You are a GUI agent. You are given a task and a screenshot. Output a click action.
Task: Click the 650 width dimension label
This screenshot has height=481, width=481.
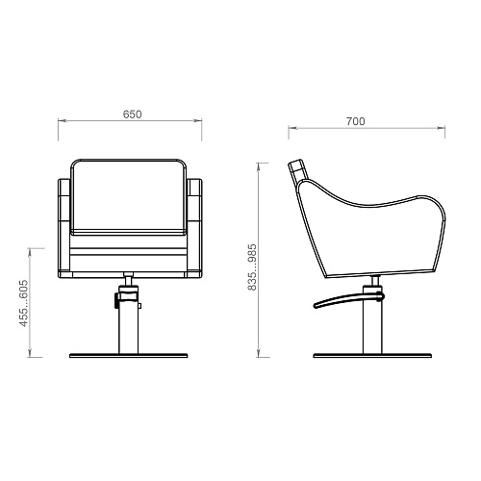(x=132, y=114)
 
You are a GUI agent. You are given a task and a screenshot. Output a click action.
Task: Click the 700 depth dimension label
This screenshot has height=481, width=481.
(x=355, y=121)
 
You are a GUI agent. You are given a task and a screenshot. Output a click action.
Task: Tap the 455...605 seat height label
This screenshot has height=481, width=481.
(x=24, y=303)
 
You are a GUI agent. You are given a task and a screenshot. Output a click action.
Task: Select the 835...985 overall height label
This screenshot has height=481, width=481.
(x=252, y=267)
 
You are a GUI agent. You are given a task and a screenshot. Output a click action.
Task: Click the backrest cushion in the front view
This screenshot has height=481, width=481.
(x=128, y=196)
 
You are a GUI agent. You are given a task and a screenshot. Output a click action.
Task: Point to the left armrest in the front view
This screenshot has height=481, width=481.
(x=63, y=228)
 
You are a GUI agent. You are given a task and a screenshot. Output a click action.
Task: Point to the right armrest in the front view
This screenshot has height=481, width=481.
(x=194, y=228)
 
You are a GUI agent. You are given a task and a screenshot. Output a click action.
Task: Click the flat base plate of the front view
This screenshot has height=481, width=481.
(x=128, y=355)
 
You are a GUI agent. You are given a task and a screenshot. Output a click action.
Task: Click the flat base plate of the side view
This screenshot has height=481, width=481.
(x=372, y=355)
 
